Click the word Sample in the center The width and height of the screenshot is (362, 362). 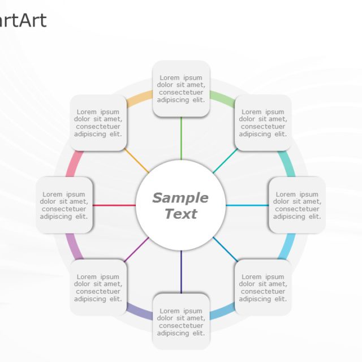(180, 198)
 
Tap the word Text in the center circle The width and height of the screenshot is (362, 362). (181, 214)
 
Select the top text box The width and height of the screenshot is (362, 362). (181, 89)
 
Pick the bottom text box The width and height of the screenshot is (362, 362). (181, 321)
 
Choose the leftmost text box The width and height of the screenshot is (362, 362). (64, 205)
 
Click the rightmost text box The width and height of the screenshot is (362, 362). (297, 205)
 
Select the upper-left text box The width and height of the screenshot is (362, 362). (98, 123)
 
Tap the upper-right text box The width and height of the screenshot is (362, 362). (263, 123)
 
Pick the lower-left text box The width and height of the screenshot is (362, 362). (98, 287)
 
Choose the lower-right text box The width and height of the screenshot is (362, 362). (263, 287)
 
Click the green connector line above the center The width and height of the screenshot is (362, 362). (181, 138)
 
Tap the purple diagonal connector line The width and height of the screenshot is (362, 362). (137, 249)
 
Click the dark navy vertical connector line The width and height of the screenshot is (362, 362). (181, 271)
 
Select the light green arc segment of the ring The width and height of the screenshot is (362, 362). (222, 100)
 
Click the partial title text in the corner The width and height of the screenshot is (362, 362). (23, 21)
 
